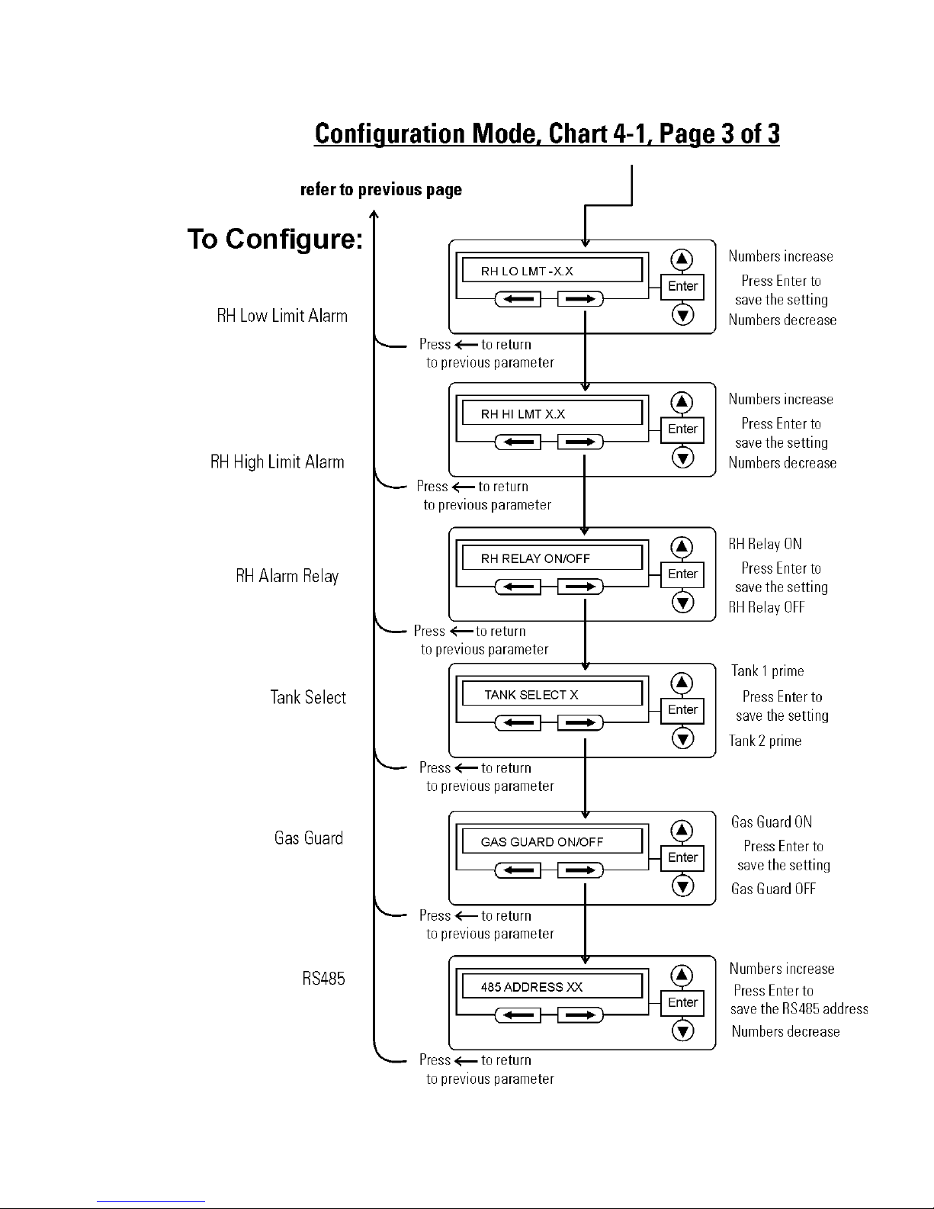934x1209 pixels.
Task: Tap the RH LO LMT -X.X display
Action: pyautogui.click(x=552, y=271)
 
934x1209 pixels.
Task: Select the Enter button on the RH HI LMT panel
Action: pyautogui.click(x=682, y=429)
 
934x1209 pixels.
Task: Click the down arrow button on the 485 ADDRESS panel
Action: pyautogui.click(x=682, y=1031)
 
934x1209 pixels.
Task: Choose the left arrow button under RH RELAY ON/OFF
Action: pyautogui.click(x=518, y=587)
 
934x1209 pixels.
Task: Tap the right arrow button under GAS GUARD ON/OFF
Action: pyautogui.click(x=580, y=870)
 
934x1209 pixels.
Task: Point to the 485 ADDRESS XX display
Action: pyautogui.click(x=552, y=986)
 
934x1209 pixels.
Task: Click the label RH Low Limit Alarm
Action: pyautogui.click(x=282, y=316)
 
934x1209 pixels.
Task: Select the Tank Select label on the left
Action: pyautogui.click(x=308, y=697)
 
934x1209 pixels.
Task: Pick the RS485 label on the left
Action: pyautogui.click(x=323, y=978)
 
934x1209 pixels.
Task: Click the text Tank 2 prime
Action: pyautogui.click(x=765, y=741)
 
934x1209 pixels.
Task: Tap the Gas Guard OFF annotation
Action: pyautogui.click(x=773, y=889)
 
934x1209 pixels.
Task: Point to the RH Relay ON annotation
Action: pyautogui.click(x=765, y=544)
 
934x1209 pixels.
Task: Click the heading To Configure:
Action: pyautogui.click(x=275, y=240)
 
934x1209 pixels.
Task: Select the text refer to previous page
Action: pyautogui.click(x=380, y=190)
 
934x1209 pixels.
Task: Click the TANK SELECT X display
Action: pyautogui.click(x=552, y=694)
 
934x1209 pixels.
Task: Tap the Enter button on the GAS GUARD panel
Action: pyautogui.click(x=682, y=857)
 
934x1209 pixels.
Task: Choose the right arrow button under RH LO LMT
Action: pyautogui.click(x=580, y=299)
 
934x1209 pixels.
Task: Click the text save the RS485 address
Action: pyautogui.click(x=799, y=1008)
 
